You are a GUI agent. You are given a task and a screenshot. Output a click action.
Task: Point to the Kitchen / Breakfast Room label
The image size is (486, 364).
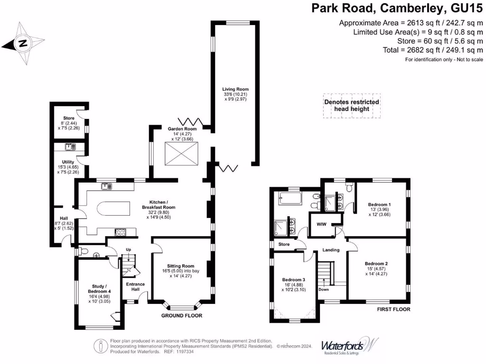pos(159,211)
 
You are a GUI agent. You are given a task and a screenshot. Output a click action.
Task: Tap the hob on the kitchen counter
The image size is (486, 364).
pos(121,232)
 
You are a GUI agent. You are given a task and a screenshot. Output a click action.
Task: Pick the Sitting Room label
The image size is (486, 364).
pos(181,269)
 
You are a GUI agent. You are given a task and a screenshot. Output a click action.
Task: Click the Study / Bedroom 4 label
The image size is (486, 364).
pos(99,294)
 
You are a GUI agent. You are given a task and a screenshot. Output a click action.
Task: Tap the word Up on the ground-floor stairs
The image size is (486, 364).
pos(128,249)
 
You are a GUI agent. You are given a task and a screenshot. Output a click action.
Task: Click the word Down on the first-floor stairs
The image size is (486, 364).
pos(323,290)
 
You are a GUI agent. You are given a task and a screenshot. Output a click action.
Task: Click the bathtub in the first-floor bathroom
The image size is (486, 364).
pos(290,198)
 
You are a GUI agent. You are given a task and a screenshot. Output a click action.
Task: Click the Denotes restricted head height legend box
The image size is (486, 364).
pos(351,105)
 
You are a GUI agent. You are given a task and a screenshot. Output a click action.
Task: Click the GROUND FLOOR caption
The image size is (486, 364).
pos(182,316)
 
